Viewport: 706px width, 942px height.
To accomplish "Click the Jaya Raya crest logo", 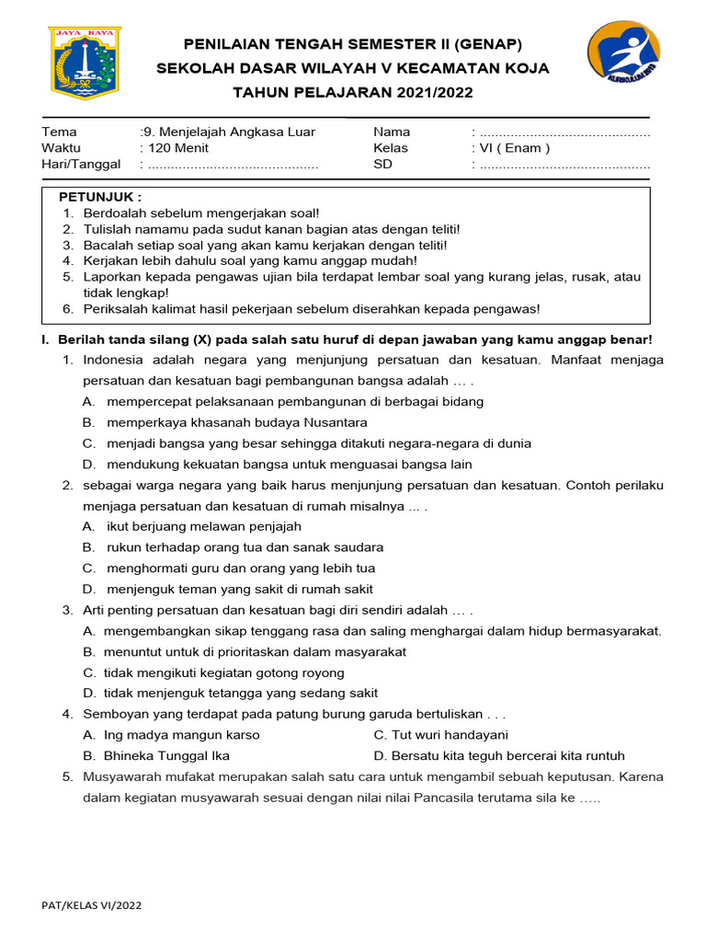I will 85,63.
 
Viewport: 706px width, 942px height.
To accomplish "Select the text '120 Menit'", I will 176,148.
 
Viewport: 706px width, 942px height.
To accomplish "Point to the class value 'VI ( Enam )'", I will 515,148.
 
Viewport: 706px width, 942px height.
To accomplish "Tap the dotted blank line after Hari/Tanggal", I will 233,165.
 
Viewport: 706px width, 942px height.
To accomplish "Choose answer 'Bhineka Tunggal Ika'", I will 156,755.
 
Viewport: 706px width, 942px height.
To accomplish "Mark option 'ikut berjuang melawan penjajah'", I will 204,526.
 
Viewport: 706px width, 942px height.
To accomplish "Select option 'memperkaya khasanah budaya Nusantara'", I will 237,422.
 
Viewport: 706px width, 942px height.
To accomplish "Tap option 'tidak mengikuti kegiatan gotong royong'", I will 224,672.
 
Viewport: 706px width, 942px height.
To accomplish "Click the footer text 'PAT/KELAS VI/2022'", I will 92,905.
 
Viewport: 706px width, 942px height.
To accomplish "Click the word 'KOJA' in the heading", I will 527,68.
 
